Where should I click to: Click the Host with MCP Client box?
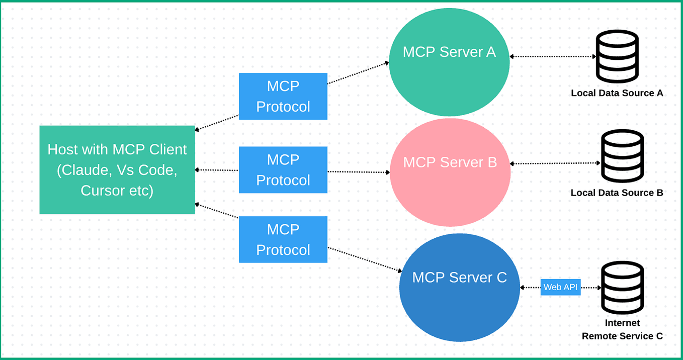(x=117, y=170)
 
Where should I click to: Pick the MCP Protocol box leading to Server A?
(x=283, y=97)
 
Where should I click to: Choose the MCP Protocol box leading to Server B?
(x=283, y=170)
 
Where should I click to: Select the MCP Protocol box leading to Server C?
(x=283, y=239)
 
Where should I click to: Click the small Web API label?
(x=560, y=288)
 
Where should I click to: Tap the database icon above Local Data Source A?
(x=617, y=56)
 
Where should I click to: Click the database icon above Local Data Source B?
(x=623, y=156)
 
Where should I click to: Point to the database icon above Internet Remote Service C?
(x=623, y=288)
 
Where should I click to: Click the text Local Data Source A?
(x=617, y=93)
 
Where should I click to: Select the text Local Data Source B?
(x=617, y=193)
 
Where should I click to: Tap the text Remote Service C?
(x=622, y=336)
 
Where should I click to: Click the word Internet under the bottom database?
(x=622, y=323)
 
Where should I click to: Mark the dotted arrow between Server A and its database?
(x=552, y=56)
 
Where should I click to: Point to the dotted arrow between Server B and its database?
(x=555, y=163)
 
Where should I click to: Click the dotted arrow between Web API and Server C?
(x=530, y=288)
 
